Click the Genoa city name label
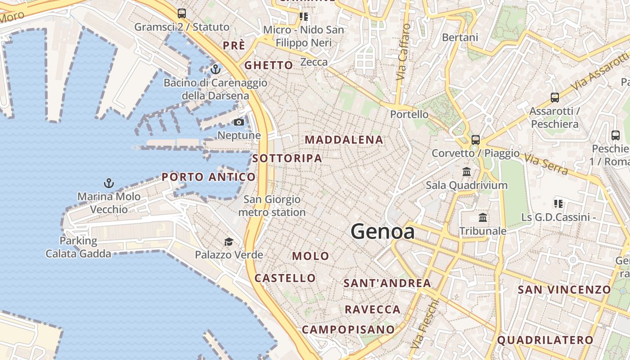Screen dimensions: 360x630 click(382, 232)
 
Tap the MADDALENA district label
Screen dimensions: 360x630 click(344, 140)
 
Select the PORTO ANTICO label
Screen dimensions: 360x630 click(208, 177)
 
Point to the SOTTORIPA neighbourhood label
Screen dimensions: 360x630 click(287, 158)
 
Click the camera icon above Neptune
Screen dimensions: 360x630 click(238, 122)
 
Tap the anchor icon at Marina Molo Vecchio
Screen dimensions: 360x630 click(109, 183)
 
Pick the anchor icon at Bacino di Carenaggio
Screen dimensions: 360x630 click(216, 69)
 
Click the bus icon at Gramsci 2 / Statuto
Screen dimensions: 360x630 click(182, 13)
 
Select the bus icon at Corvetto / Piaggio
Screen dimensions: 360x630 click(476, 139)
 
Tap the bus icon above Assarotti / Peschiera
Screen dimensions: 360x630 click(555, 97)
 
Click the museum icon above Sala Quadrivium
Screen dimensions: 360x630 click(467, 172)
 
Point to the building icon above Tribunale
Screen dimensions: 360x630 click(483, 218)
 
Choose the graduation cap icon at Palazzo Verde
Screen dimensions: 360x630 click(229, 242)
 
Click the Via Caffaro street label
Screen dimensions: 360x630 click(403, 52)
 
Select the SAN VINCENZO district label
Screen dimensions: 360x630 click(564, 289)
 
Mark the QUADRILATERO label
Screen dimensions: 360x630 click(545, 340)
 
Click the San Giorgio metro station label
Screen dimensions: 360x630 click(272, 206)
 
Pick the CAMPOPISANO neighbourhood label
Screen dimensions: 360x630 click(348, 329)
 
